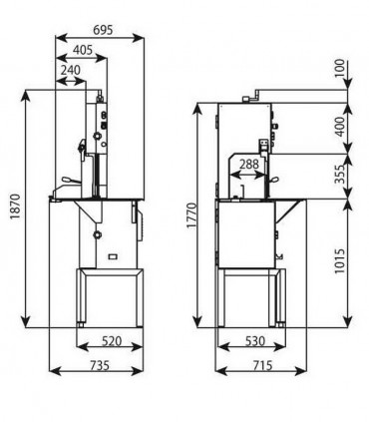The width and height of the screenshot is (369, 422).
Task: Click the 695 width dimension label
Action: [103, 30]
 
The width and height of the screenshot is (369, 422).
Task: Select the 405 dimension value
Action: [83, 50]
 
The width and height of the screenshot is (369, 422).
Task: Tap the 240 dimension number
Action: [71, 71]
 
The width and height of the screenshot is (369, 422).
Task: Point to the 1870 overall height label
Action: [16, 207]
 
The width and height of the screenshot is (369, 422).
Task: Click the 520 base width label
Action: [112, 341]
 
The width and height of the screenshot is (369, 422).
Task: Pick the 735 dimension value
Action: [100, 365]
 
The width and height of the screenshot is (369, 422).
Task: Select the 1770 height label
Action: [192, 215]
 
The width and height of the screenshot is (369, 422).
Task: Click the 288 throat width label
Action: [249, 164]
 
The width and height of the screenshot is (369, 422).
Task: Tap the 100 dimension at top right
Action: [340, 68]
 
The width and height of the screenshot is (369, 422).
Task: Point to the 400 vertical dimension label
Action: [340, 127]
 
